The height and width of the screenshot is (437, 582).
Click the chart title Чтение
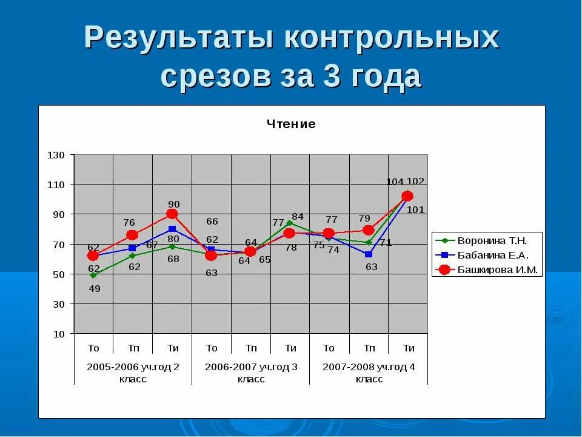(x=291, y=124)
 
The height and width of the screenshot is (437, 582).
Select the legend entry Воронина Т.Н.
(x=492, y=240)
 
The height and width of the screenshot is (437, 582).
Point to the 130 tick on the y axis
(x=56, y=155)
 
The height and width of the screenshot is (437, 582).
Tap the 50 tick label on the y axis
(x=58, y=274)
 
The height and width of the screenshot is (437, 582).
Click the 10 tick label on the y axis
(x=58, y=334)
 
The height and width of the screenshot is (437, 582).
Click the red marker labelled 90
(x=172, y=214)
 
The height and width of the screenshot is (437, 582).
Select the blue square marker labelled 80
(x=172, y=229)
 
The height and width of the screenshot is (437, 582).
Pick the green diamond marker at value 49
(x=93, y=276)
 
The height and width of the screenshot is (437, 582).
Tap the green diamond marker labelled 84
(x=290, y=223)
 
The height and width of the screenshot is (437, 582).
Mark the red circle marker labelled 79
(x=368, y=230)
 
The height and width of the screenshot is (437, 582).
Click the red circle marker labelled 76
(x=132, y=235)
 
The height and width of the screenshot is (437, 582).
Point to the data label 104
(x=395, y=182)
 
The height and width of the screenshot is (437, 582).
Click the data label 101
(x=416, y=210)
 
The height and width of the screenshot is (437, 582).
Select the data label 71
(x=386, y=242)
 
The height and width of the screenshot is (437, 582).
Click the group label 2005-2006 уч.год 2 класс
(x=133, y=373)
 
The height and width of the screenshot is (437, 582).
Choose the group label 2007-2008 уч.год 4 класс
(x=369, y=373)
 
